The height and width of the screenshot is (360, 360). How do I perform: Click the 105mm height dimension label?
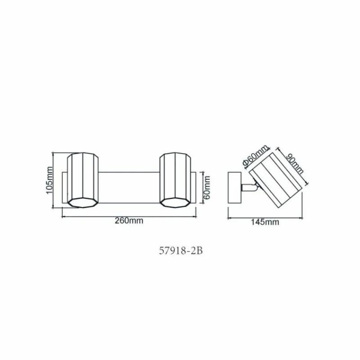[x=49, y=180]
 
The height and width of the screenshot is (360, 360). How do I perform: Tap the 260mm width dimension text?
[x=129, y=220]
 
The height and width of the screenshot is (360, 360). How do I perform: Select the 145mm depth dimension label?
[x=265, y=222]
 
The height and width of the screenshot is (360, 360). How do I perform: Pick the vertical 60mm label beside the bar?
[x=207, y=188]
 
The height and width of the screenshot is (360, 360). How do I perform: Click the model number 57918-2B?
[x=181, y=251]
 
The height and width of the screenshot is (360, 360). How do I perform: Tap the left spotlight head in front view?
[x=83, y=180]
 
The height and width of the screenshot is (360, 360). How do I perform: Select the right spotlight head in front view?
[x=175, y=180]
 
